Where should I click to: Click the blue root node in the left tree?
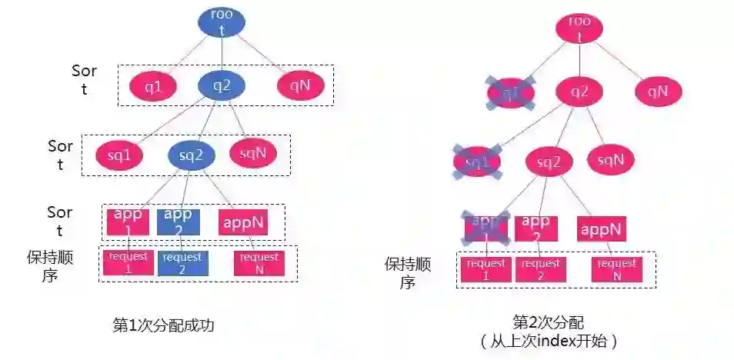click(222, 22)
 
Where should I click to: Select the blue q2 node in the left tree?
click(222, 86)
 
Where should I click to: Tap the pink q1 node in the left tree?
click(153, 87)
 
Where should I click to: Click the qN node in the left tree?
click(299, 86)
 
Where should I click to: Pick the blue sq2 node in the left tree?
click(191, 156)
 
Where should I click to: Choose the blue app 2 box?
click(178, 221)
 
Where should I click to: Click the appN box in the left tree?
click(242, 222)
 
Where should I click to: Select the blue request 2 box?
click(182, 262)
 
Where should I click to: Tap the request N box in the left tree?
click(259, 262)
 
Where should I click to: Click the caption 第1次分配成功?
click(163, 325)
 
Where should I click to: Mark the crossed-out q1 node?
click(510, 93)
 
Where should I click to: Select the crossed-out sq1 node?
click(477, 162)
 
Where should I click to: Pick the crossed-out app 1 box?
click(485, 228)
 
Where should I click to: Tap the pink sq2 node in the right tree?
click(549, 162)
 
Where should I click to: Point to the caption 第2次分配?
click(548, 322)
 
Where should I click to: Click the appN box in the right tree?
click(601, 228)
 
